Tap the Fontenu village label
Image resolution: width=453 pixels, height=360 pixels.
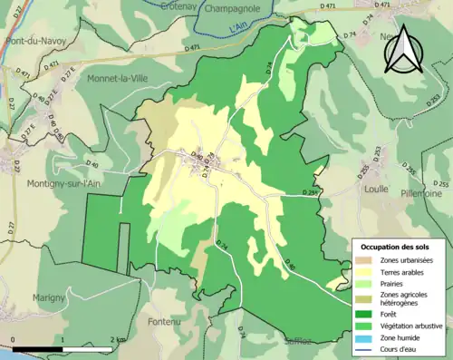coord(165,319)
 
